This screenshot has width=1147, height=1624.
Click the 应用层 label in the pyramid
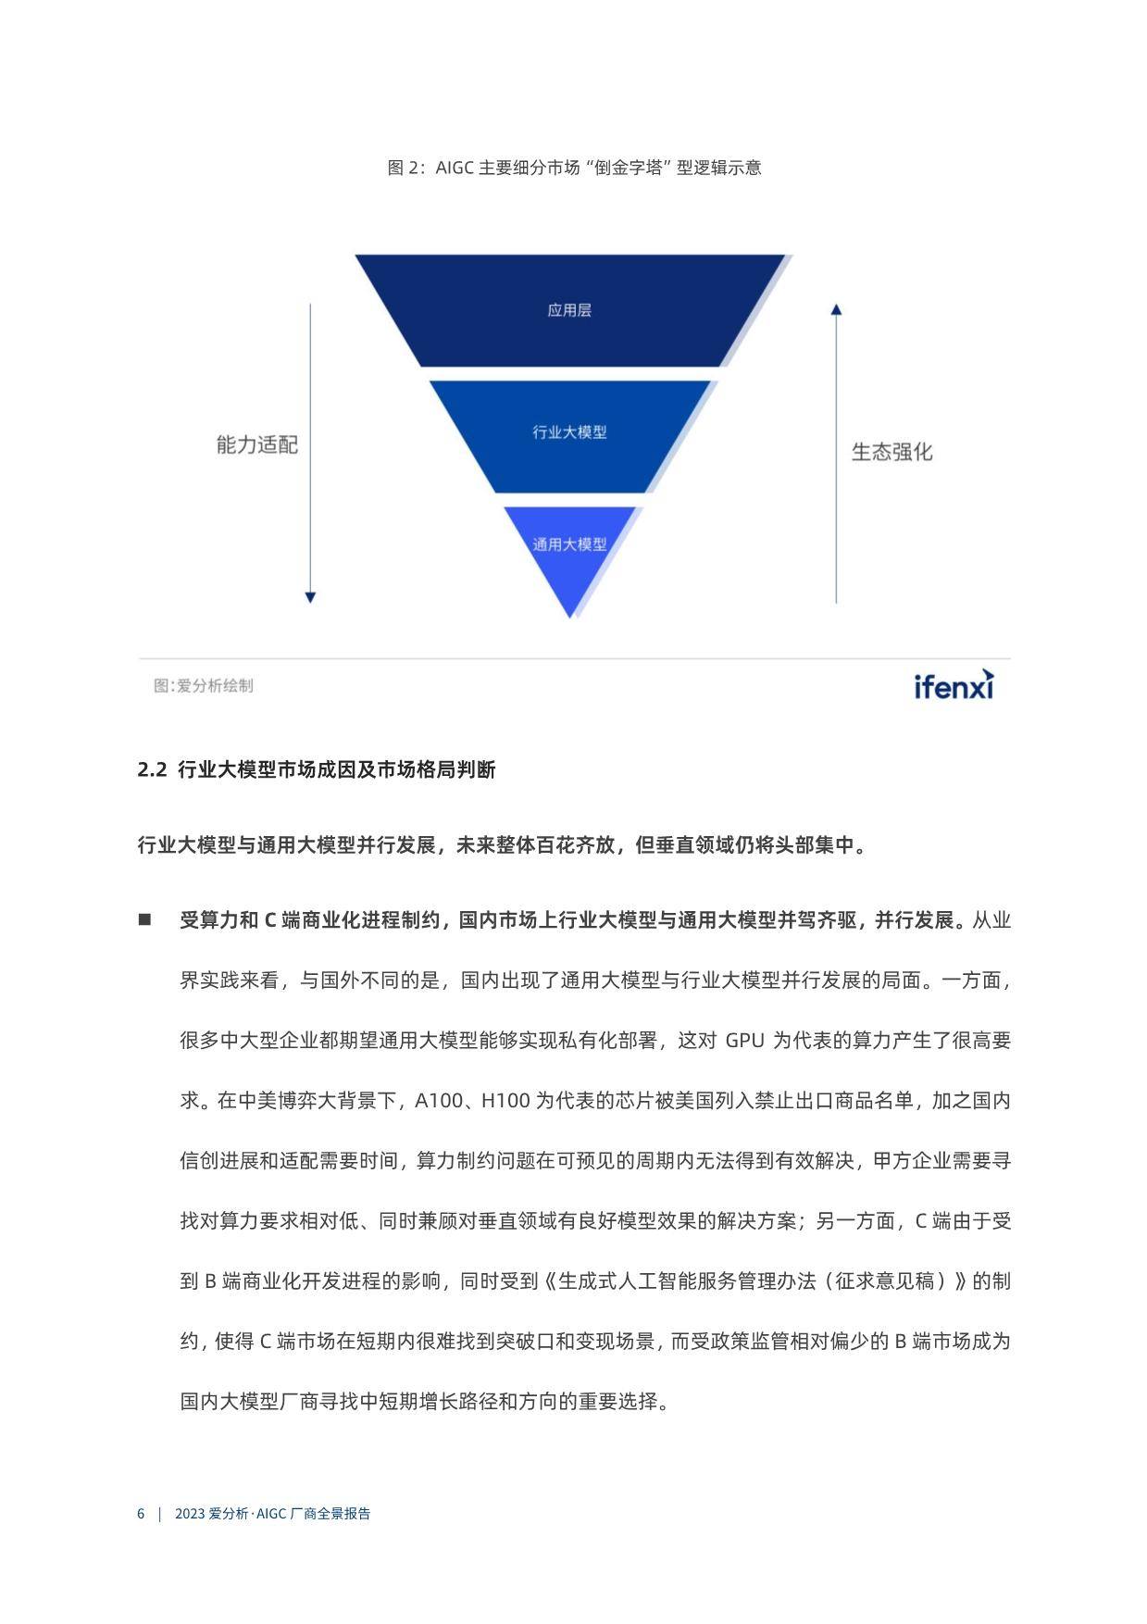click(569, 310)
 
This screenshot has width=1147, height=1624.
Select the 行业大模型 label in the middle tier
click(569, 431)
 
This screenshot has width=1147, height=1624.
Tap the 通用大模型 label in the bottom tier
click(569, 544)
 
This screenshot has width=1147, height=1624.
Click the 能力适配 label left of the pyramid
click(257, 445)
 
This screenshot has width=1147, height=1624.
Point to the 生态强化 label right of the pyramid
click(892, 452)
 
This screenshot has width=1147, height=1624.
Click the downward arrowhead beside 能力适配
click(310, 598)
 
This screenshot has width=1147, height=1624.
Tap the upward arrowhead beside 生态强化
click(836, 309)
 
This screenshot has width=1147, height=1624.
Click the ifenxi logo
click(954, 684)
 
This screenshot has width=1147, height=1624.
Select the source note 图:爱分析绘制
click(204, 686)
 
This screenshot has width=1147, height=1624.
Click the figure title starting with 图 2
click(574, 168)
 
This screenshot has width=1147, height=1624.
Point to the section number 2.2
click(151, 769)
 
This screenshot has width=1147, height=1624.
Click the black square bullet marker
click(144, 919)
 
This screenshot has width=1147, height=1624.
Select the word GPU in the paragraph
click(744, 1041)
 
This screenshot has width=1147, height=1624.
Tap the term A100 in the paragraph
click(435, 1101)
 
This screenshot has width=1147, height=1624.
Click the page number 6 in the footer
click(141, 1514)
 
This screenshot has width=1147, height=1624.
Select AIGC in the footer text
click(271, 1514)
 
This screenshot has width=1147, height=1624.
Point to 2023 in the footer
click(189, 1514)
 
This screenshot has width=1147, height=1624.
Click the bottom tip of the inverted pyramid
click(569, 618)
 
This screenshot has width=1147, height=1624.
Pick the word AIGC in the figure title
click(455, 168)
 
